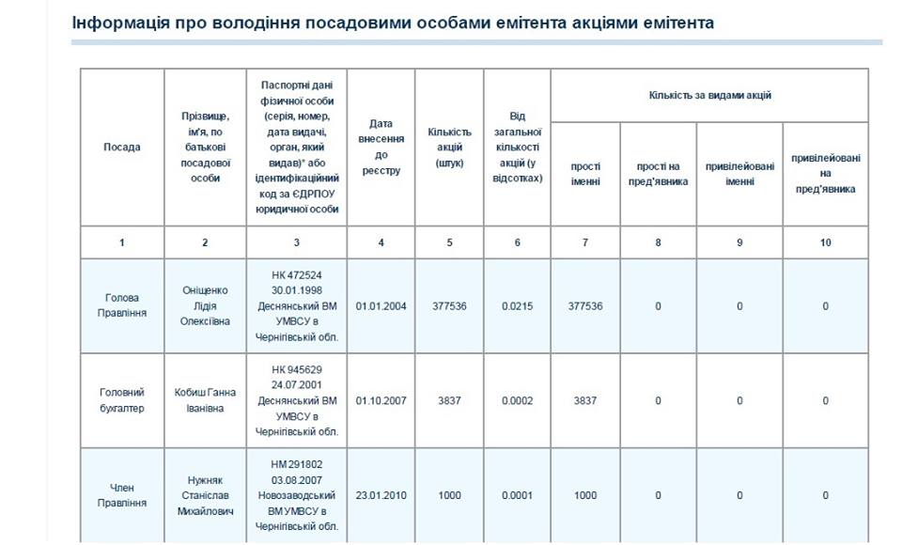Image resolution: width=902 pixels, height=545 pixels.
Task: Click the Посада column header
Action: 122,148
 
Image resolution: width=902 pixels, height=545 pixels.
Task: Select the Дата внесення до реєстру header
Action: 381,148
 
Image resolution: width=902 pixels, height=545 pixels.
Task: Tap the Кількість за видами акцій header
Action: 709,95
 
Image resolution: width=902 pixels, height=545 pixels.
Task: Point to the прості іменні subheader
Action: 585,174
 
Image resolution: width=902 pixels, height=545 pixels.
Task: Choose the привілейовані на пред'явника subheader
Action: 825,174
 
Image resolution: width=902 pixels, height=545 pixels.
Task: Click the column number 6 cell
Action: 517,242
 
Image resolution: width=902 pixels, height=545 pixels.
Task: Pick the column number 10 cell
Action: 825,242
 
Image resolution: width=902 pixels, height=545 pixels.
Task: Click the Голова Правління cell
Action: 122,306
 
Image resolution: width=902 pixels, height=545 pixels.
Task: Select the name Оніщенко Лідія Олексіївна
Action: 205,306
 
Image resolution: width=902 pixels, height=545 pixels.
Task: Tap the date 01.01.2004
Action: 381,306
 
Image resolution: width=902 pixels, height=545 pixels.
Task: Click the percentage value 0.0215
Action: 517,306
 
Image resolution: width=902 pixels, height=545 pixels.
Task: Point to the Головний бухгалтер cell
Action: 122,400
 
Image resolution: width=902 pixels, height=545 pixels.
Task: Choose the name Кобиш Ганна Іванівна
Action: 205,400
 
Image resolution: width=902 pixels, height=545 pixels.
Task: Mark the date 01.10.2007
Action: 381,400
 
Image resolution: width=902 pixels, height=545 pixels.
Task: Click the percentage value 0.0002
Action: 517,400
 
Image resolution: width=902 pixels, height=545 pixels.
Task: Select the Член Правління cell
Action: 122,495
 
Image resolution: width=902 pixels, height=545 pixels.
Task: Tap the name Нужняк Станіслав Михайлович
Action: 205,495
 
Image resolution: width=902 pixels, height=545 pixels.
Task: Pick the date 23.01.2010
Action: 381,495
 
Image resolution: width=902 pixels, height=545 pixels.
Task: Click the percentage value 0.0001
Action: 517,495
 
